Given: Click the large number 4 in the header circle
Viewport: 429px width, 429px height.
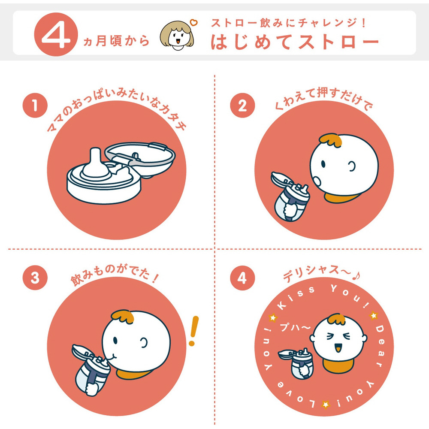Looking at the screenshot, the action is [x=56, y=35].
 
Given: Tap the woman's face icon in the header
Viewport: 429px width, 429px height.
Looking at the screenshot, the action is [x=177, y=36].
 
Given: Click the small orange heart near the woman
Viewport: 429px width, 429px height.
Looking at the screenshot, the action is [x=194, y=22].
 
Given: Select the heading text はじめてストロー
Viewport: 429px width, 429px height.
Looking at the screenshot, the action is [x=295, y=42].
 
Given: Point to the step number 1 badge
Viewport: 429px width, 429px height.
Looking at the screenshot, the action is [x=35, y=106].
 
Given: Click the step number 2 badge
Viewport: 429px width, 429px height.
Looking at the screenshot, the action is [x=242, y=106].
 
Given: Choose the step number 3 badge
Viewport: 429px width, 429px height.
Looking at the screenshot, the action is [x=35, y=278].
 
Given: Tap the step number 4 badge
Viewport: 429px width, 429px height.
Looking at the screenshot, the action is [x=242, y=278].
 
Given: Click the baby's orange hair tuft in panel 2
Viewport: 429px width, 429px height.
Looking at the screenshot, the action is [x=331, y=140].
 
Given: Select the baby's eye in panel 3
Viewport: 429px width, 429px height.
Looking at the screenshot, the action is [x=115, y=341].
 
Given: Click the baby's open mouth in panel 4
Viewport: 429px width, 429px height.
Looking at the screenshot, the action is [x=338, y=348].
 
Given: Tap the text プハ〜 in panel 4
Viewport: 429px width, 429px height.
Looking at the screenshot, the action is [x=295, y=326].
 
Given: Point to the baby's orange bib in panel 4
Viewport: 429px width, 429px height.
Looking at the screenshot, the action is [x=339, y=366].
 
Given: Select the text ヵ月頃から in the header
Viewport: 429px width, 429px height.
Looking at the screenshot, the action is [x=116, y=41].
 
